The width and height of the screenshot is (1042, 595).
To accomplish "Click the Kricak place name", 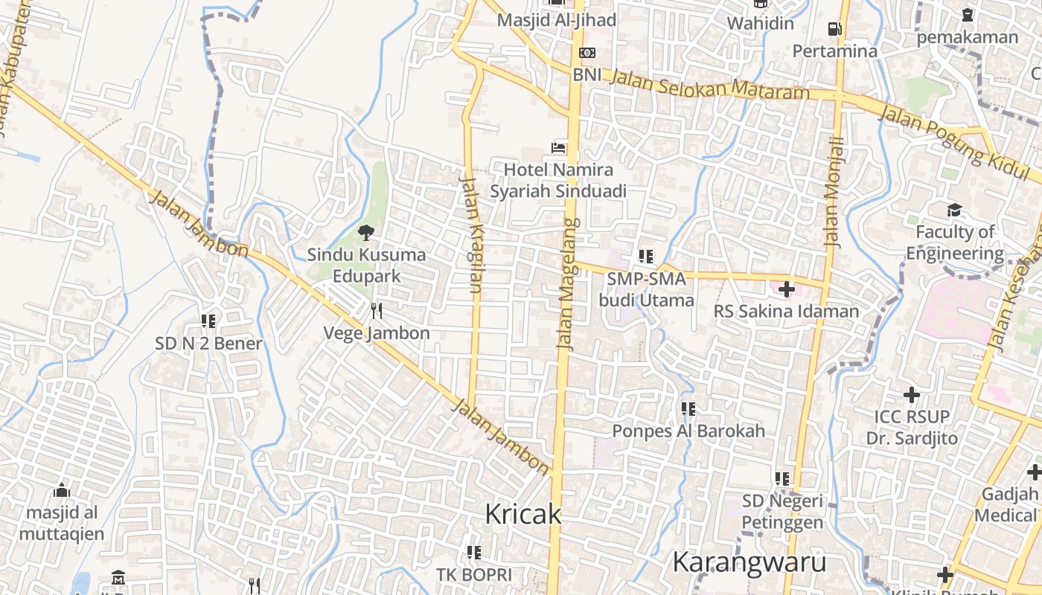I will (522, 514).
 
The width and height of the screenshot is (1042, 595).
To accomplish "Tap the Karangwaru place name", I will (749, 562).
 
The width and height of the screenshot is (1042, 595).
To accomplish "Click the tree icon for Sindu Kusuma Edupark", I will (365, 233).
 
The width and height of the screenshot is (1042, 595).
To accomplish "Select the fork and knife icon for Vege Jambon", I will (377, 311).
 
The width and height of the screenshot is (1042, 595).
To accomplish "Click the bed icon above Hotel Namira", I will (558, 148).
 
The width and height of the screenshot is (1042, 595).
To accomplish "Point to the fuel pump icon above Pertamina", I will (834, 29).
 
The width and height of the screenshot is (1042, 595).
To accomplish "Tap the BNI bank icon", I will (587, 53).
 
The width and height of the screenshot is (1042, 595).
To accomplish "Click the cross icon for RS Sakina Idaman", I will (786, 289).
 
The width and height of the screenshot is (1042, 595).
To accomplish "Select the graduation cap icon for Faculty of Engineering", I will (954, 210).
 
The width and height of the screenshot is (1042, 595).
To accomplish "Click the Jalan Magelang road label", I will (568, 284).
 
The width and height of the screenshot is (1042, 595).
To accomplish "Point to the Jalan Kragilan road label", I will (472, 234).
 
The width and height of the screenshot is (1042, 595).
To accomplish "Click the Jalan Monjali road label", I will (834, 191).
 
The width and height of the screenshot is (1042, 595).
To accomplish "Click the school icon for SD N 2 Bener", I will (208, 321).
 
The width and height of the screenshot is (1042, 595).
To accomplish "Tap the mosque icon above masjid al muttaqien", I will (62, 490).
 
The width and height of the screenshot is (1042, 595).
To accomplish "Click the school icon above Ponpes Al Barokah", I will (688, 408).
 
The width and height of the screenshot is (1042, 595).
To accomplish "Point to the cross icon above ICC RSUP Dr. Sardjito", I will (911, 394).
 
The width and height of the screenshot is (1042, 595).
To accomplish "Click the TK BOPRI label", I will (474, 575).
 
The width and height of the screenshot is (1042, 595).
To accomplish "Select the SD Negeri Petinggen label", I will (782, 512).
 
